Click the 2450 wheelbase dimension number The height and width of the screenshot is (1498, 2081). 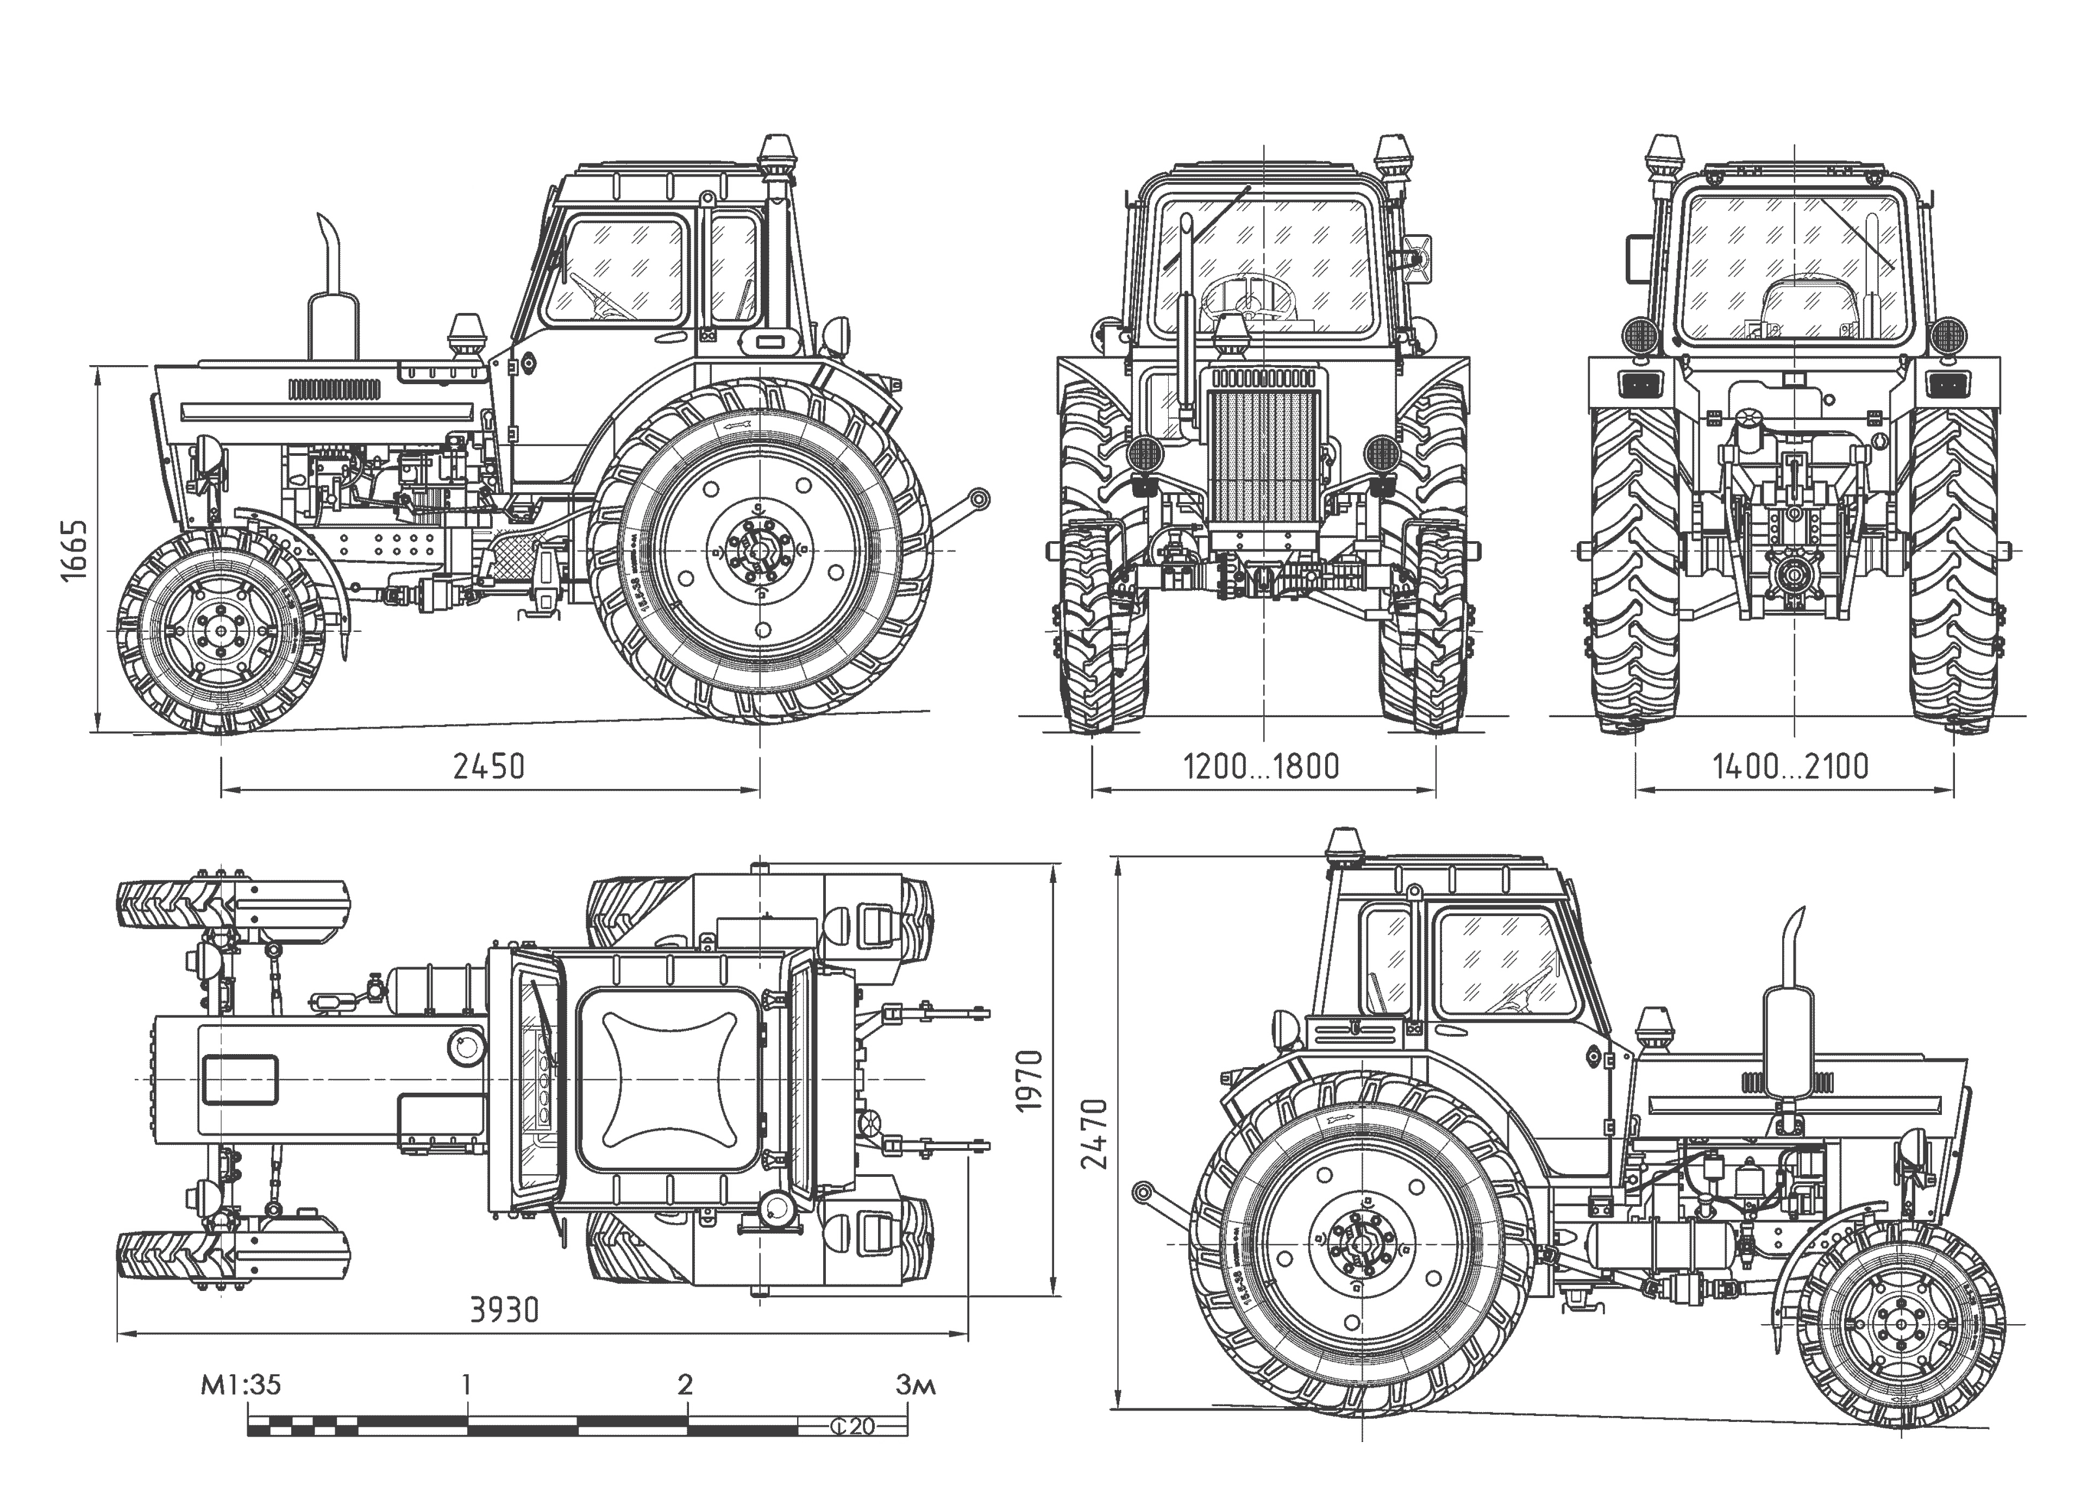point(489,766)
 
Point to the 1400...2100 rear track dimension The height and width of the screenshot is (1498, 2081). point(1790,766)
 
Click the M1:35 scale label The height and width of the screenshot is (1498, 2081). point(240,1383)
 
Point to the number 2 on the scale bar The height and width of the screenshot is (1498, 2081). point(685,1383)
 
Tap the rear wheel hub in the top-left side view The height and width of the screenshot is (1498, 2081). point(760,550)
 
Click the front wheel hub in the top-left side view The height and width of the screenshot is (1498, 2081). point(220,631)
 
